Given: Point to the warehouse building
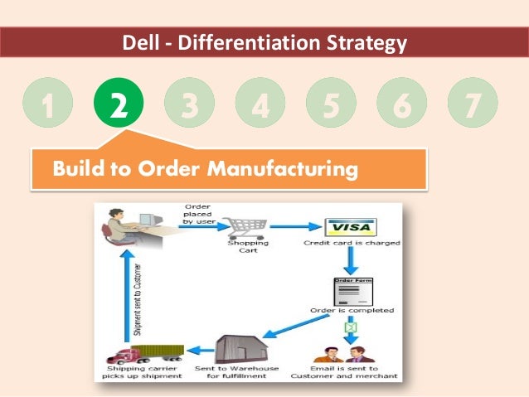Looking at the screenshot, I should (238, 345).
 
